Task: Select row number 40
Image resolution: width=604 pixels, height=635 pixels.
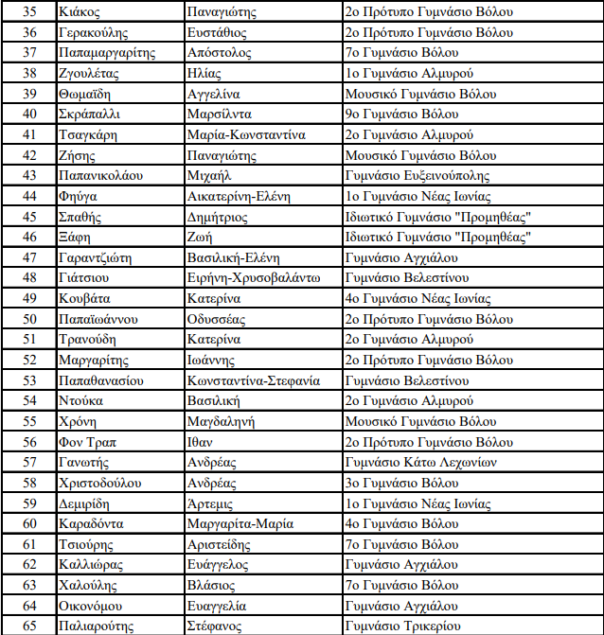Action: point(28,114)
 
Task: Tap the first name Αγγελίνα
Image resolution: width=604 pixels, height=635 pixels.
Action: point(214,93)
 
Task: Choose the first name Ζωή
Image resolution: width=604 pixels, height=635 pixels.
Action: point(199,237)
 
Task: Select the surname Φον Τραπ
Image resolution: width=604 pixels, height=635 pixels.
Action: point(86,441)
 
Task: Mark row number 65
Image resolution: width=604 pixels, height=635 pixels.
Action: point(28,626)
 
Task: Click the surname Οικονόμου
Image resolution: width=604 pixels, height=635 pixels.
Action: point(92,605)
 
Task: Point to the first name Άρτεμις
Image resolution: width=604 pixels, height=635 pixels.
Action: point(210,503)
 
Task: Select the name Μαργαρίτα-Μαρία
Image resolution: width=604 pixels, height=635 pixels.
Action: point(240,523)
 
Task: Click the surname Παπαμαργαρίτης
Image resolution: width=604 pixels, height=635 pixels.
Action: point(106,52)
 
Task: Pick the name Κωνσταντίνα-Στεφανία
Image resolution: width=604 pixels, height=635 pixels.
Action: point(254,379)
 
